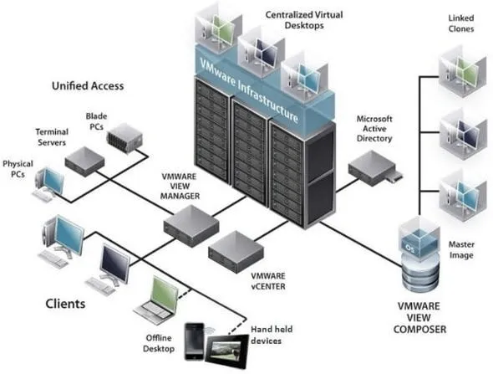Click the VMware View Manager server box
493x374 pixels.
[x=191, y=225]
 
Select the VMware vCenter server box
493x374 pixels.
[x=236, y=252]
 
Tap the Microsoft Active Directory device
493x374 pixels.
[x=374, y=168]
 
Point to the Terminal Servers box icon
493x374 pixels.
[x=84, y=161]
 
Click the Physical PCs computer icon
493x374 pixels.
[x=48, y=185]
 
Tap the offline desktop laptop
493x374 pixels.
[x=156, y=300]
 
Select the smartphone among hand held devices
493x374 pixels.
[x=195, y=341]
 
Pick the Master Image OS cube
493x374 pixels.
[x=419, y=237]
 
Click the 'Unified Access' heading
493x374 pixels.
[x=88, y=86]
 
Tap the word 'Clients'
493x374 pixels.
[x=65, y=304]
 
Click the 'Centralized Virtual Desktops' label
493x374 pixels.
[x=304, y=20]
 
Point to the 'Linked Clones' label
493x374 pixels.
[x=461, y=23]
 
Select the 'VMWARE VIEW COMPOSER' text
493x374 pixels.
[x=419, y=318]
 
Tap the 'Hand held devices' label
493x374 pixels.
[x=272, y=335]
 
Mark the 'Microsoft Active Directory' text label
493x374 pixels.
[x=374, y=129]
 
